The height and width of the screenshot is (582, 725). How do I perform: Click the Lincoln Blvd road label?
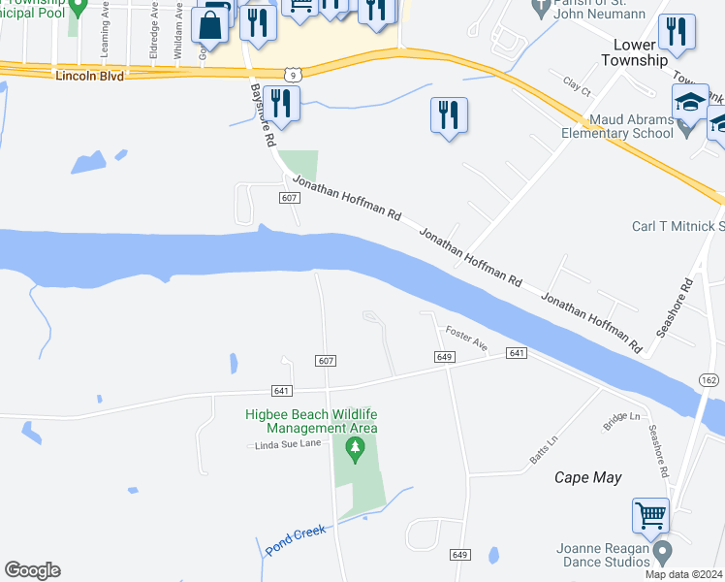click(x=90, y=76)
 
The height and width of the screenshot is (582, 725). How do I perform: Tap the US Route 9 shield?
click(x=292, y=74)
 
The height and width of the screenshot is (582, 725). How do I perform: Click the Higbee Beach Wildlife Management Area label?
click(x=310, y=421)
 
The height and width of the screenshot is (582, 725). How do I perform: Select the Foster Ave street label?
click(x=466, y=339)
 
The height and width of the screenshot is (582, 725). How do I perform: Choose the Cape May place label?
click(x=587, y=477)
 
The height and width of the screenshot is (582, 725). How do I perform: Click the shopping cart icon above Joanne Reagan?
click(x=650, y=515)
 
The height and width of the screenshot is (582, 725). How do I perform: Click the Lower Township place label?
click(x=641, y=52)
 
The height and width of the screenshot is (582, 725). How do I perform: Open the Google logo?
click(x=32, y=570)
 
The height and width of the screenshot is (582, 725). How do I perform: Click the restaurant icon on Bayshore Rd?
click(x=281, y=103)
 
